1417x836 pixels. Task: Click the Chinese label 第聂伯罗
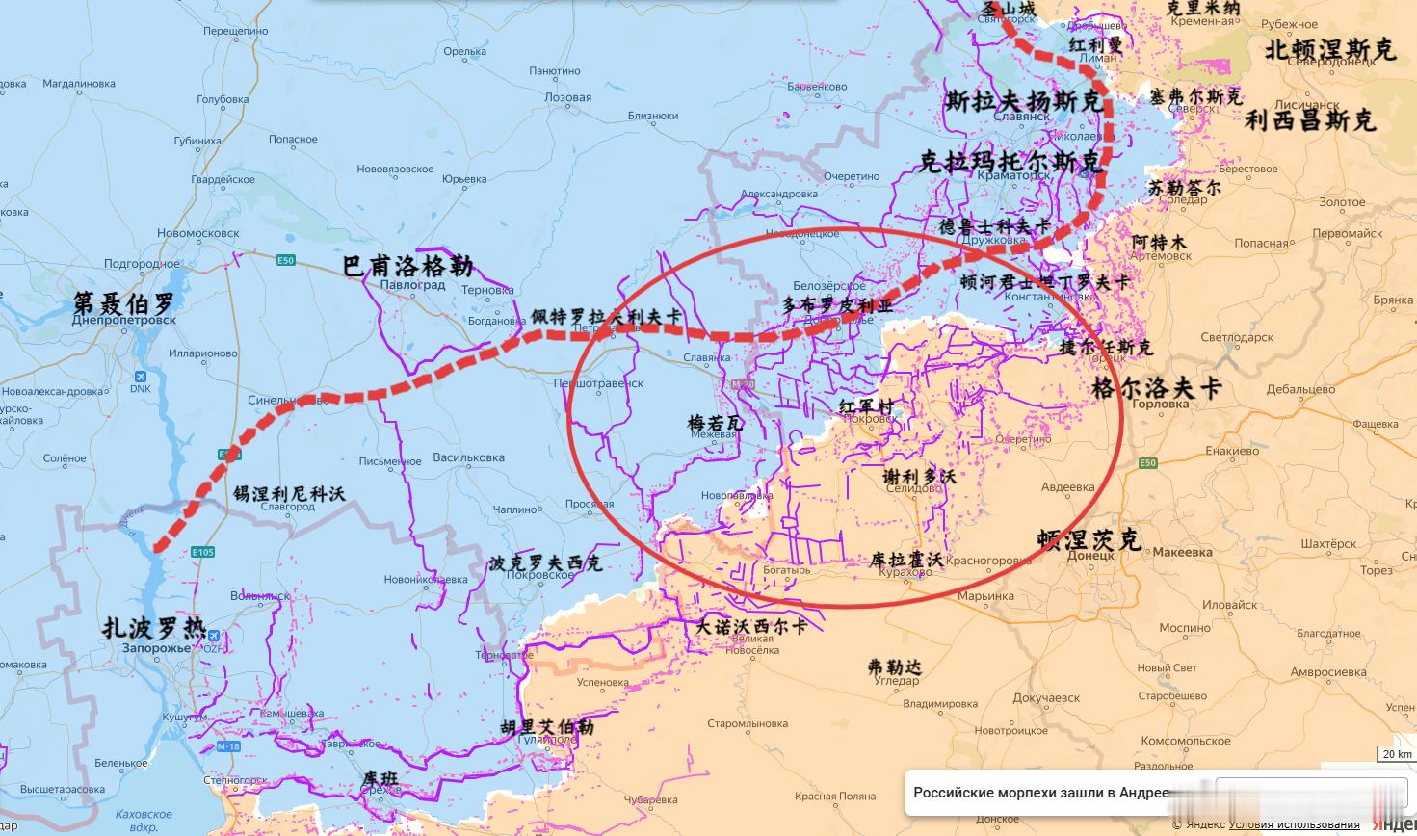point(124,302)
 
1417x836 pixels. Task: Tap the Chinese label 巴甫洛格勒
point(407,266)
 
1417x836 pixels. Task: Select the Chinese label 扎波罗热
point(154,628)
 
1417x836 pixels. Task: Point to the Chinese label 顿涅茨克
point(1089,539)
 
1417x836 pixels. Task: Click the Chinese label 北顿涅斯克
point(1329,49)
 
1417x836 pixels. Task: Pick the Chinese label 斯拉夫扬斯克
point(1022,100)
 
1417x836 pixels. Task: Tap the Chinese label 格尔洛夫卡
point(1156,387)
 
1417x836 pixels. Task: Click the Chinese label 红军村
point(866,405)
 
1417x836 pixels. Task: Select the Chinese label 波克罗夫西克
point(544,562)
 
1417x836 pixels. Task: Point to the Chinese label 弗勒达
point(894,666)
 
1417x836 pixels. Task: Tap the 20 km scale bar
point(1396,754)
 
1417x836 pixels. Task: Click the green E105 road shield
point(202,552)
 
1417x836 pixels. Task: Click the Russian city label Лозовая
point(567,97)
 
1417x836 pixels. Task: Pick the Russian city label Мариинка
point(985,596)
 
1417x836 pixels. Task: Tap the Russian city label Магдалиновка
point(79,84)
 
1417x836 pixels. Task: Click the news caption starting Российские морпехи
point(1040,793)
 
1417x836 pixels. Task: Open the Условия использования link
point(1294,824)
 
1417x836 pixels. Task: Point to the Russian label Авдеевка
point(1067,487)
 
